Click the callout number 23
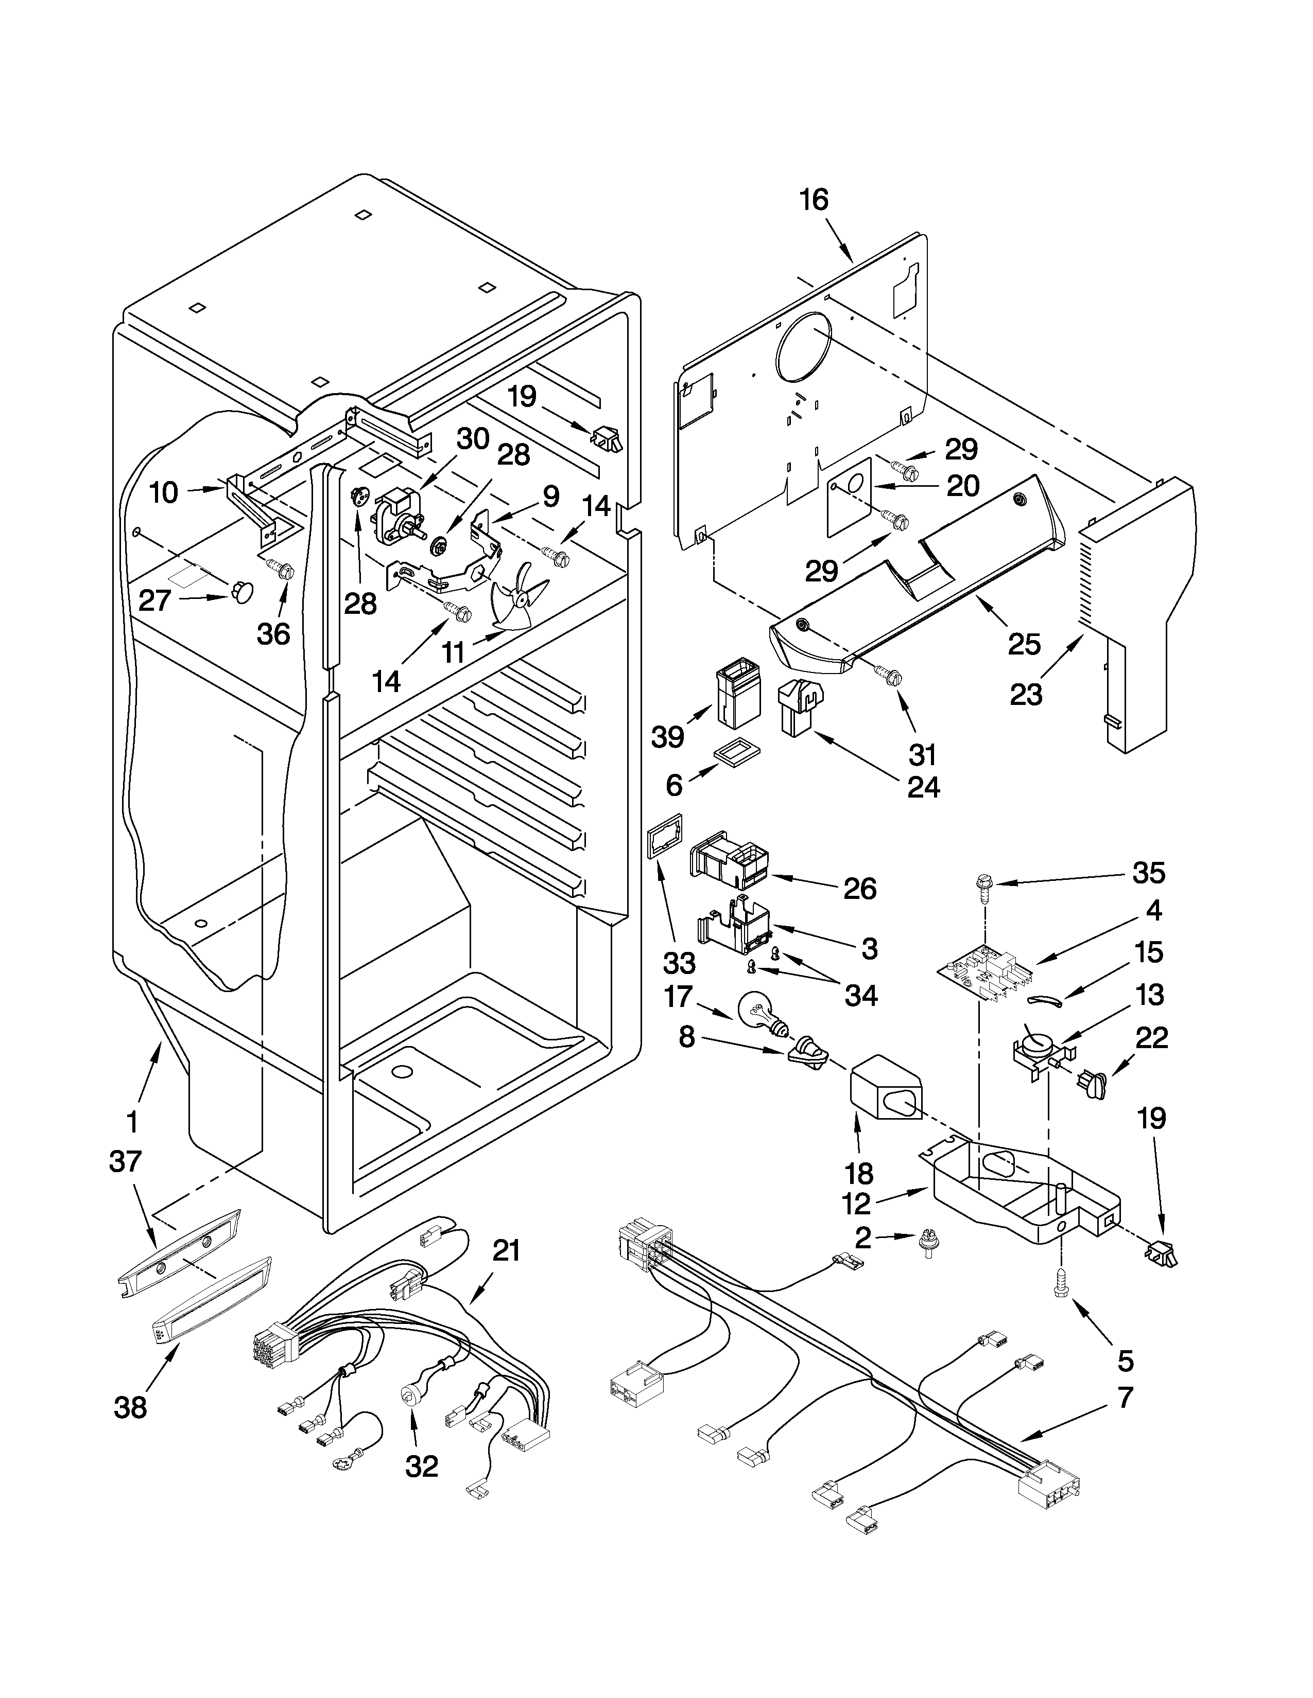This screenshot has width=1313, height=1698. coord(1025,694)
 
